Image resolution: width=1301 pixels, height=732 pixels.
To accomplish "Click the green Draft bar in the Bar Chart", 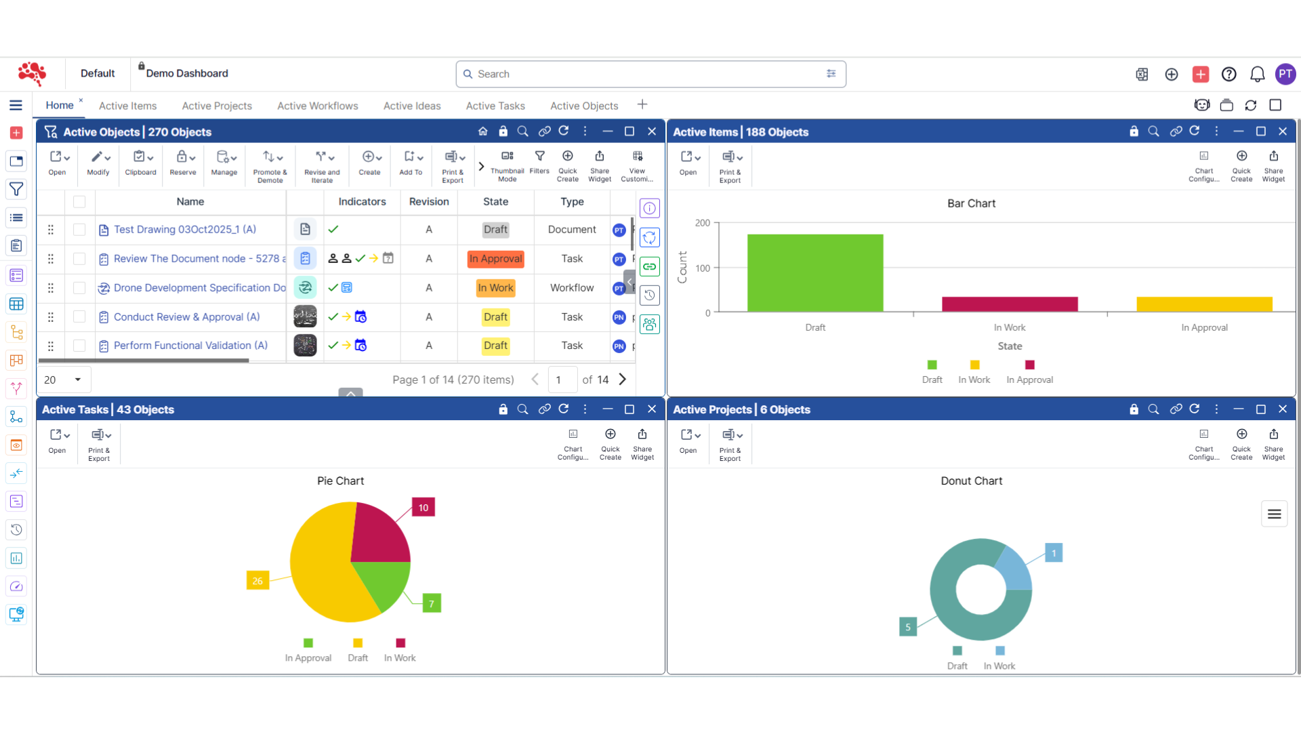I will point(815,272).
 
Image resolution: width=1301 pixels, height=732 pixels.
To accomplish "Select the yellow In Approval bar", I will point(1204,304).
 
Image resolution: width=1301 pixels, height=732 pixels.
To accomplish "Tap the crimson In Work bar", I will point(1010,304).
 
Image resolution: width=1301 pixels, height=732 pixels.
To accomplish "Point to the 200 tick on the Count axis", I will point(703,223).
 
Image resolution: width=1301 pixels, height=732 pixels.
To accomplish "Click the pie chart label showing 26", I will point(257,581).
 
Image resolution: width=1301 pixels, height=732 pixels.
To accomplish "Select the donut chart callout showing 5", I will point(908,627).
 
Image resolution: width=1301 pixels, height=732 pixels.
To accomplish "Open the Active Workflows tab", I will point(317,106).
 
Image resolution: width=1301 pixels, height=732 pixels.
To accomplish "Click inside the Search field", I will point(644,74).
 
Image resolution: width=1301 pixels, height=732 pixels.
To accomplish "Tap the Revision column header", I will point(428,202).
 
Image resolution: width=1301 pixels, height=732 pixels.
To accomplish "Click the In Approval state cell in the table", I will point(495,259).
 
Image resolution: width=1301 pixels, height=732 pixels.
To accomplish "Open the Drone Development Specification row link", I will point(199,288).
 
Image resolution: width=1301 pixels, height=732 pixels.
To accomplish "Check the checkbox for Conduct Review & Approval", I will point(79,317).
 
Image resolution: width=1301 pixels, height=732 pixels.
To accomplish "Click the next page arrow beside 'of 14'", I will point(622,380).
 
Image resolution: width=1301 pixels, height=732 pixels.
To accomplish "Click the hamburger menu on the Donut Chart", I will point(1274,514).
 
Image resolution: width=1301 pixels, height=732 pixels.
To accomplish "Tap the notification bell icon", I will point(1257,74).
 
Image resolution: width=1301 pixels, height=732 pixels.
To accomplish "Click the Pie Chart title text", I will point(340,481).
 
